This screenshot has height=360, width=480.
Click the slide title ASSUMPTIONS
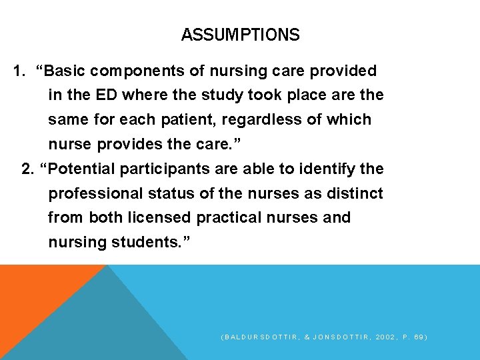(240, 35)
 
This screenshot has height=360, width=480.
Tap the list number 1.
(18, 71)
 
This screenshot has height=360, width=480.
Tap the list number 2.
(27, 169)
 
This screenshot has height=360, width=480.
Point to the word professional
(86, 193)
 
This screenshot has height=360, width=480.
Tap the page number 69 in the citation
(417, 337)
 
